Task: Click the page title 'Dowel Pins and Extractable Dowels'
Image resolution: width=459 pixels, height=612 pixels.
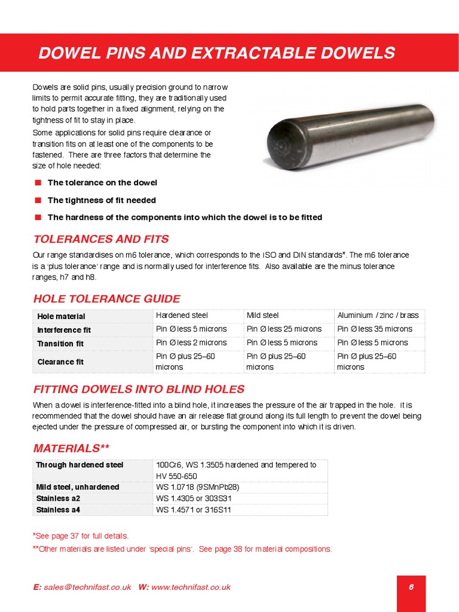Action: click(216, 53)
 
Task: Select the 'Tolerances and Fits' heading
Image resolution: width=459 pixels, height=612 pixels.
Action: click(101, 239)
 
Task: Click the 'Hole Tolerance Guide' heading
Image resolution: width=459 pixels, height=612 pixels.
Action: click(106, 299)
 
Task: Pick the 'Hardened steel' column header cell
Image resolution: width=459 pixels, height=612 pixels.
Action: click(182, 315)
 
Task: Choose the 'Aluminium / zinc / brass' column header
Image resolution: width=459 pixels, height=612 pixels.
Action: click(378, 315)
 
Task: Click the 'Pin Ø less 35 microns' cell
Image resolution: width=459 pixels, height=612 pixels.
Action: click(375, 329)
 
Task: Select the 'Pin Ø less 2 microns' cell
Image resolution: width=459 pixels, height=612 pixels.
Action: click(191, 342)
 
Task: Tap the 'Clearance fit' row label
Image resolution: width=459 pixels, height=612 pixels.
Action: click(60, 362)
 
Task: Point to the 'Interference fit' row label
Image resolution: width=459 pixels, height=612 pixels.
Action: click(64, 329)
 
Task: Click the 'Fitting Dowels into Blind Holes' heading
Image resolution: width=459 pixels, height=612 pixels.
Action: click(139, 388)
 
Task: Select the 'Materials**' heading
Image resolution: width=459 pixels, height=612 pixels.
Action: click(71, 448)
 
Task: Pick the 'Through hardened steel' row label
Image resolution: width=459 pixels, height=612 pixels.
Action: click(79, 464)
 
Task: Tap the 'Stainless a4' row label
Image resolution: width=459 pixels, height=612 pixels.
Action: click(58, 510)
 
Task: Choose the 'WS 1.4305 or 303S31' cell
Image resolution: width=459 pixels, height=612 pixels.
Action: click(193, 498)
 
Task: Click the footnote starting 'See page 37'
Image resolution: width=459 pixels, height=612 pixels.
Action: click(81, 536)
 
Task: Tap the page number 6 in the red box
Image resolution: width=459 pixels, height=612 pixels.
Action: click(411, 587)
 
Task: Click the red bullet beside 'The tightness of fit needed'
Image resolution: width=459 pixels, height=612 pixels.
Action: click(38, 200)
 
